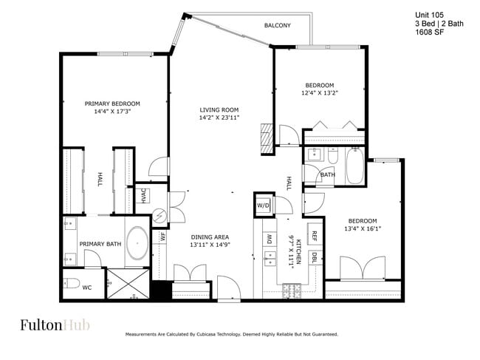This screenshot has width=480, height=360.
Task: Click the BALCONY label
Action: pyautogui.click(x=277, y=26)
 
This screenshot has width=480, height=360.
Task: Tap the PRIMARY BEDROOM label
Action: pyautogui.click(x=112, y=103)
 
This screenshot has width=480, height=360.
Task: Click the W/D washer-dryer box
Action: pyautogui.click(x=263, y=206)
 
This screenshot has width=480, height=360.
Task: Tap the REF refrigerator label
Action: pyautogui.click(x=314, y=237)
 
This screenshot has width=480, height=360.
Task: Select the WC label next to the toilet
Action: pyautogui.click(x=86, y=287)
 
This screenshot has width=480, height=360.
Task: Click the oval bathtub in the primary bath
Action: pyautogui.click(x=137, y=243)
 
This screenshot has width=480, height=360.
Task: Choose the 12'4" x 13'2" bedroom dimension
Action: pyautogui.click(x=319, y=93)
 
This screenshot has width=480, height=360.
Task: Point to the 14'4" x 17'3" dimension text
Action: pyautogui.click(x=112, y=112)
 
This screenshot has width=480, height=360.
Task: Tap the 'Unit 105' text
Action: pyautogui.click(x=429, y=14)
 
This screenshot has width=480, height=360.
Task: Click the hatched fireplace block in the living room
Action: pyautogui.click(x=267, y=138)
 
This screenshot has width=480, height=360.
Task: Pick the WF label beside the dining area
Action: pyautogui.click(x=162, y=237)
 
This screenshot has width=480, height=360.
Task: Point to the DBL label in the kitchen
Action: pyautogui.click(x=314, y=257)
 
